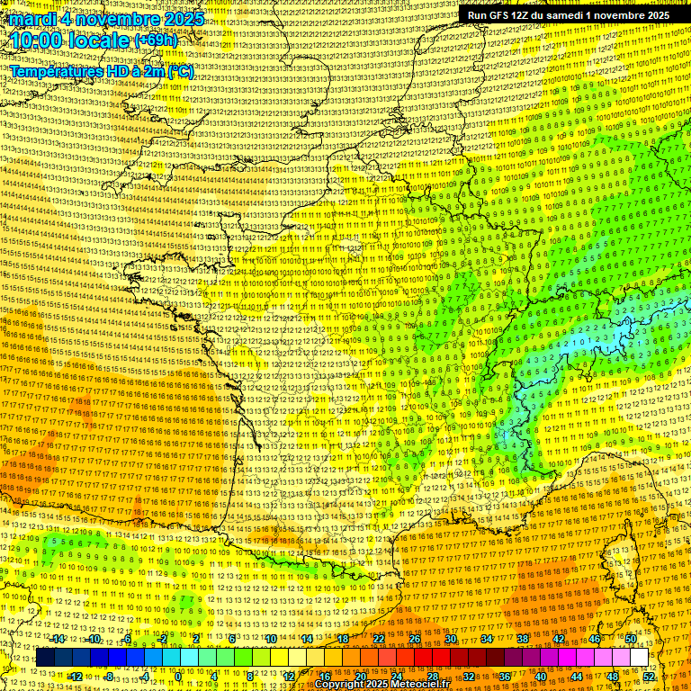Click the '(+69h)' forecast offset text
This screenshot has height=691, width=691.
coord(157,41)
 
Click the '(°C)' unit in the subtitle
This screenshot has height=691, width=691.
coord(180,70)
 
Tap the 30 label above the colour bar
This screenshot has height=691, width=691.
coord(451,638)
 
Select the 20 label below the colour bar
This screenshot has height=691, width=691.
coord(361,676)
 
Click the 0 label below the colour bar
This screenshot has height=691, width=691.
coord(179,676)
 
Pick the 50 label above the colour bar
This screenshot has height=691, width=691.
coord(630,638)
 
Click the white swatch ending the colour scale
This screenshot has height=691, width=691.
coord(638,658)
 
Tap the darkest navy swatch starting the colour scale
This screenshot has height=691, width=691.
coord(45,658)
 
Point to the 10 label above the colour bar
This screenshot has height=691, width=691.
coord(270,638)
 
